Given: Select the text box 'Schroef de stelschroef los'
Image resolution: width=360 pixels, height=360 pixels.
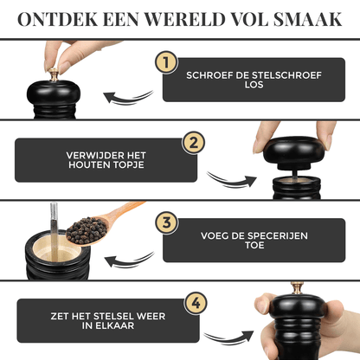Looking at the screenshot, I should point(253,80).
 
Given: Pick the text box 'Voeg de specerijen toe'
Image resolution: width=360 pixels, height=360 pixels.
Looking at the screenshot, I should point(253,240).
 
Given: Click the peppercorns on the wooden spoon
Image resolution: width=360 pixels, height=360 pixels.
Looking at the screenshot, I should point(87,230).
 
